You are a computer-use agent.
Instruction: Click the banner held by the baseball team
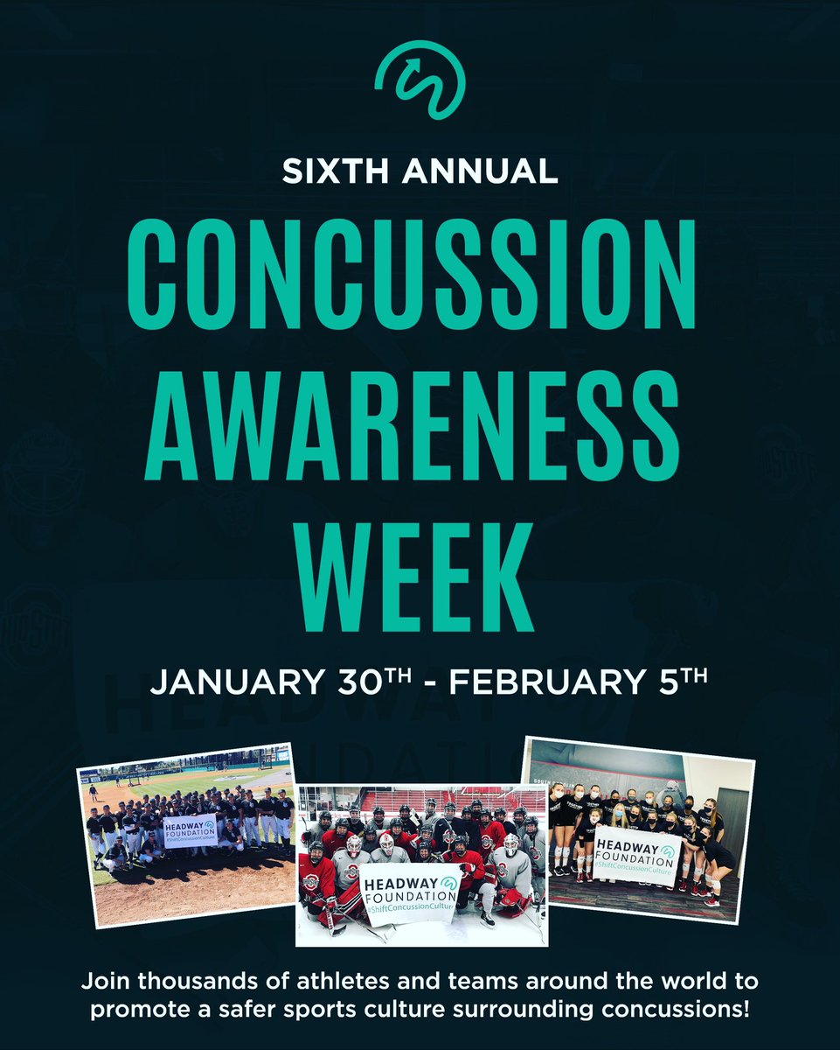click(x=189, y=830)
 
